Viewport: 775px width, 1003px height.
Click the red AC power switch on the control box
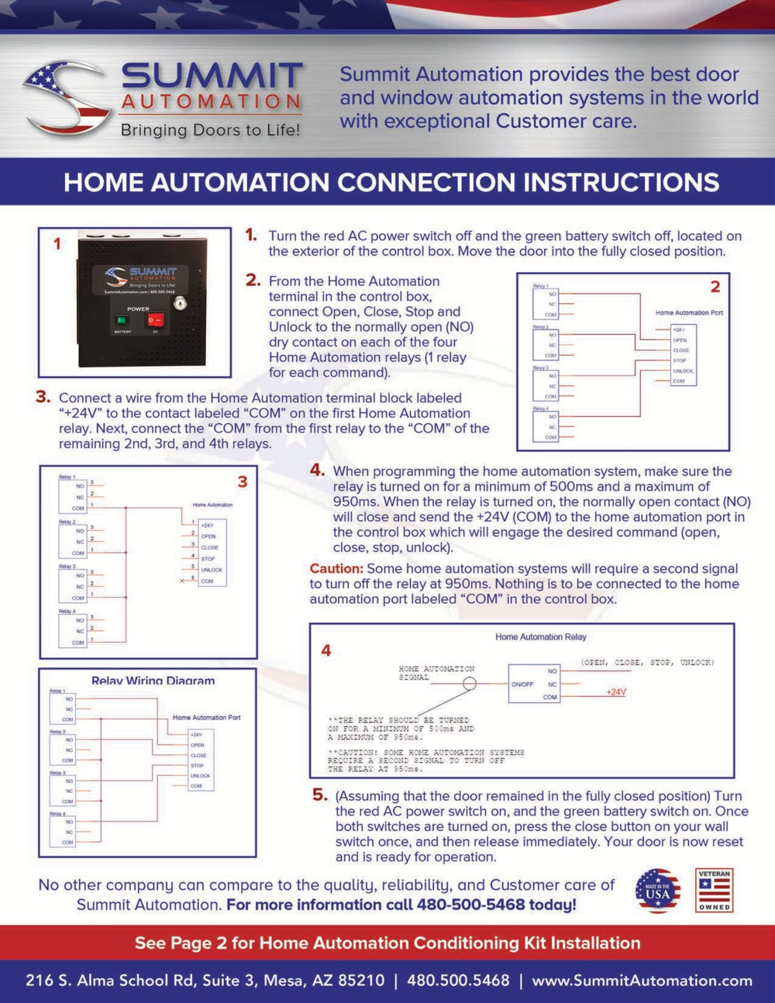pyautogui.click(x=157, y=319)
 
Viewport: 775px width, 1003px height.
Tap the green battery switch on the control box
pyautogui.click(x=121, y=319)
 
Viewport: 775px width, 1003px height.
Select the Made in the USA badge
pyautogui.click(x=657, y=891)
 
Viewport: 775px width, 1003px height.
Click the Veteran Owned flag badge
pyautogui.click(x=714, y=891)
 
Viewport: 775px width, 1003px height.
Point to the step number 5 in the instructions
pyautogui.click(x=320, y=794)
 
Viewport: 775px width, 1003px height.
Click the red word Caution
pyautogui.click(x=336, y=569)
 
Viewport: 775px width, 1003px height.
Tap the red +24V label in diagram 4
pyautogui.click(x=616, y=692)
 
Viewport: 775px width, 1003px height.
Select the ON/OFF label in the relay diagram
pyautogui.click(x=522, y=684)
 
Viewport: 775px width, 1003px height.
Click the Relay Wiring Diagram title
pyautogui.click(x=153, y=681)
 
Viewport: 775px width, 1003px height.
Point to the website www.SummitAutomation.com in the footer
pyautogui.click(x=642, y=981)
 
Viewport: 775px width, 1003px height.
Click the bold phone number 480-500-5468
pyautogui.click(x=473, y=905)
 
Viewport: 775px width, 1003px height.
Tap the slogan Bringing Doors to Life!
pyautogui.click(x=210, y=130)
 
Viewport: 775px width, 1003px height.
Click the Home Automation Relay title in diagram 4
pyautogui.click(x=541, y=637)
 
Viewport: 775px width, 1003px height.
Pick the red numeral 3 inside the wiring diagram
pyautogui.click(x=243, y=482)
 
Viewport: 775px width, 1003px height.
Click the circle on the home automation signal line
pyautogui.click(x=470, y=684)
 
